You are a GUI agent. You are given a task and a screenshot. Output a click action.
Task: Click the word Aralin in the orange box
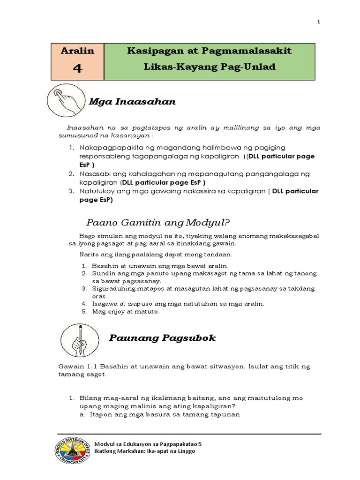tap(78, 51)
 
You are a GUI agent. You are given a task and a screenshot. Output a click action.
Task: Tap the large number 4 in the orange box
tap(78, 68)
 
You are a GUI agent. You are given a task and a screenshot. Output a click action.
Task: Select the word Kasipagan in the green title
tap(150, 51)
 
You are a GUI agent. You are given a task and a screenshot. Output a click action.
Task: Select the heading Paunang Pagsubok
tap(162, 338)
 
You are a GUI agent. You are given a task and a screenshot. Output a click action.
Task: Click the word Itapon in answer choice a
tap(99, 415)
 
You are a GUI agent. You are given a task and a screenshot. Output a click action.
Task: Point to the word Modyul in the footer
tap(105, 443)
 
